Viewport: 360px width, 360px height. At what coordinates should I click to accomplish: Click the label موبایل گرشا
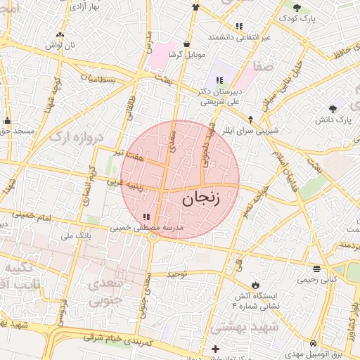coord(186,54)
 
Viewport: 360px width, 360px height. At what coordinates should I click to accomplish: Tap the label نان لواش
coord(60,45)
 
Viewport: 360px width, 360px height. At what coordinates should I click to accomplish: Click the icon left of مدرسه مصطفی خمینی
coord(146,217)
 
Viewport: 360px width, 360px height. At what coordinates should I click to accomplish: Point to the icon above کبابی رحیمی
coord(317,269)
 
